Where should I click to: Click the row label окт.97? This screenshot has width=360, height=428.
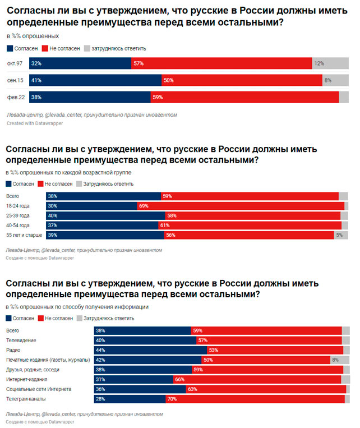[15, 63]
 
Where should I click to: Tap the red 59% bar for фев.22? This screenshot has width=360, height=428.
[244, 97]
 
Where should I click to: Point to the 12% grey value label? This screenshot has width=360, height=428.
[319, 63]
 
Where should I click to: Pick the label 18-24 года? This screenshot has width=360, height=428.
[17, 206]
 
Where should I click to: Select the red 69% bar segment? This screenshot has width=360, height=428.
[241, 206]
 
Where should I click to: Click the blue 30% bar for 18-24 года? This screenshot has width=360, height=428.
[91, 206]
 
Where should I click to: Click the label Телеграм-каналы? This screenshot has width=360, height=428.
[25, 399]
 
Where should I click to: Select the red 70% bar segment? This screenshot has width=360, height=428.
[255, 399]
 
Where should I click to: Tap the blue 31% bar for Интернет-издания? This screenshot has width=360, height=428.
[133, 379]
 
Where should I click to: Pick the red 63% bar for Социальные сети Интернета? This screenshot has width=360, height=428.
[266, 389]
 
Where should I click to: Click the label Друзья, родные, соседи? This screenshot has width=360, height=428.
[32, 369]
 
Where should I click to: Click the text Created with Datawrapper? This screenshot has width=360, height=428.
[35, 122]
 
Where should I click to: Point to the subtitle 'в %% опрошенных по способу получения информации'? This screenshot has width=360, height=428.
[77, 307]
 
